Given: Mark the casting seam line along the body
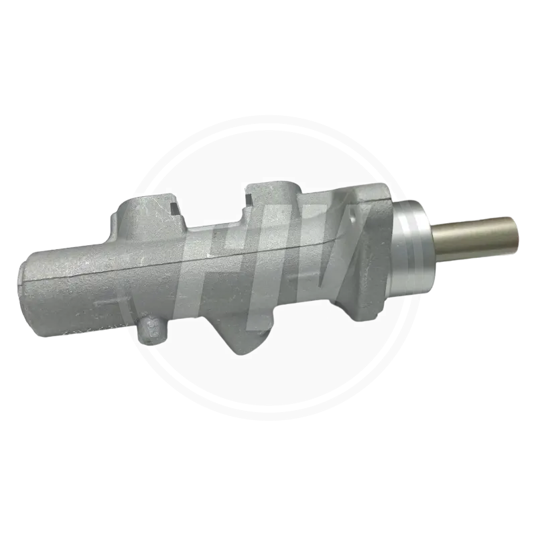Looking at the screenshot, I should pyautogui.click(x=201, y=261).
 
